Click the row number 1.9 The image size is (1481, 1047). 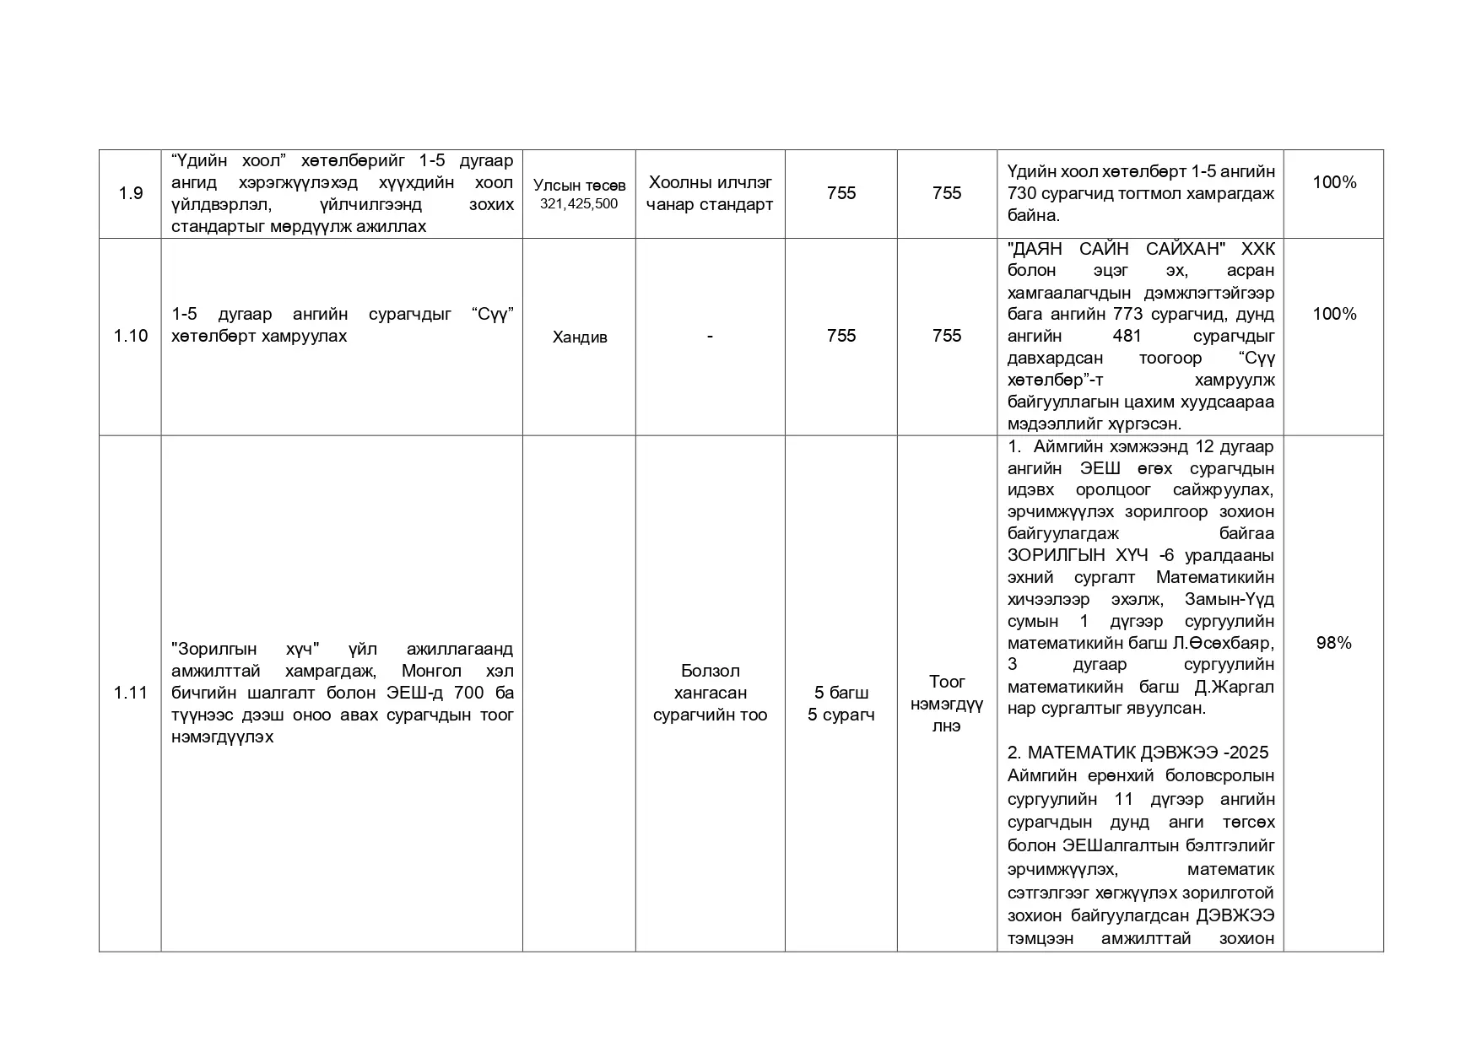point(130,193)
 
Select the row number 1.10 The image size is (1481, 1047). point(130,336)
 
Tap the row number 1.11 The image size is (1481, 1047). point(130,693)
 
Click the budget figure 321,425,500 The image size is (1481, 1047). point(579,204)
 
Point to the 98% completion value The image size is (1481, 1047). point(1333,643)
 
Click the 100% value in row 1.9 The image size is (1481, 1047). point(1333,182)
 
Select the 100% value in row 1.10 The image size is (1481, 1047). point(1333,314)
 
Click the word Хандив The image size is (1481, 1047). point(579,337)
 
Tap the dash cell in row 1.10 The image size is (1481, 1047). point(710,336)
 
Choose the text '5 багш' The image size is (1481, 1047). point(840,693)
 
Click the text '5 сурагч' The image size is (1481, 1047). point(840,715)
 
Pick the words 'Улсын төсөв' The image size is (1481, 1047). point(579,186)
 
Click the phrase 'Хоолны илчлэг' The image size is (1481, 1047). point(710,182)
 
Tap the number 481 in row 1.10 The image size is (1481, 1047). point(1127,337)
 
